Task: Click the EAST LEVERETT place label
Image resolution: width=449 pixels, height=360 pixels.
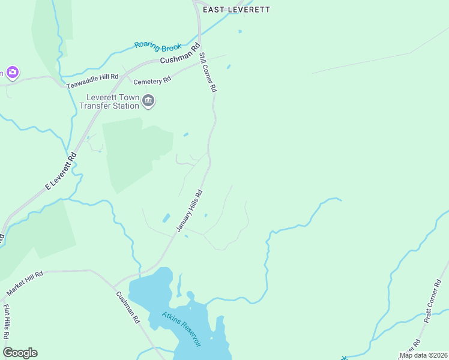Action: tap(237, 10)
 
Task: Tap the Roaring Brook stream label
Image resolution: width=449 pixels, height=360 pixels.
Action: tap(158, 45)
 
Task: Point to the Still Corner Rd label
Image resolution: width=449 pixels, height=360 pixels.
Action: tap(207, 72)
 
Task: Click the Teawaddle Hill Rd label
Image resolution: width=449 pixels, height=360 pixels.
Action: tap(92, 81)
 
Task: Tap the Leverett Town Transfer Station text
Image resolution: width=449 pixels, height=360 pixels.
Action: tap(113, 101)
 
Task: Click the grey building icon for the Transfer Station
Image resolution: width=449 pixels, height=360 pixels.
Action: tap(148, 101)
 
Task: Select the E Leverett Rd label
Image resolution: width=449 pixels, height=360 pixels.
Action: tap(61, 171)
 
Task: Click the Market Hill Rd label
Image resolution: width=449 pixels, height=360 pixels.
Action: tap(25, 283)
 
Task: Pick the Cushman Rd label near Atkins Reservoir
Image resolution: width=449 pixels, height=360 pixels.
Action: tap(128, 307)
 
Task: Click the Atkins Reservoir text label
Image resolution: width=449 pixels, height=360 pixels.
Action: tap(181, 329)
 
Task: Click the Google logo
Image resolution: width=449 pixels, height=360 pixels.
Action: tap(20, 353)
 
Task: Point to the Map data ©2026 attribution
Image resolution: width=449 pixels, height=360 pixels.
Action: tap(423, 355)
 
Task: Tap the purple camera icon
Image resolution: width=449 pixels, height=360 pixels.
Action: tap(12, 73)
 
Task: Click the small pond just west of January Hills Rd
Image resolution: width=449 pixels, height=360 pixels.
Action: tap(166, 218)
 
